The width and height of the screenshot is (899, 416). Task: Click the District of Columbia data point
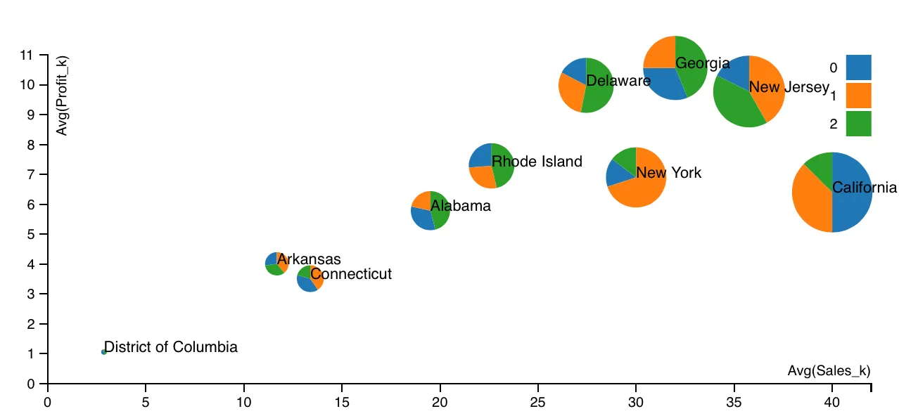(104, 351)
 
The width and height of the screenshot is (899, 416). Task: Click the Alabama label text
(461, 206)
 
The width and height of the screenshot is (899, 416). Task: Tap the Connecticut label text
(351, 274)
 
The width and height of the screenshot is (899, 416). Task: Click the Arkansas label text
(309, 259)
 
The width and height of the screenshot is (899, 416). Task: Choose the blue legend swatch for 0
(858, 67)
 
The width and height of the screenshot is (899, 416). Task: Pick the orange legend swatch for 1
(858, 96)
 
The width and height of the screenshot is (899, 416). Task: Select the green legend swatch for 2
(858, 124)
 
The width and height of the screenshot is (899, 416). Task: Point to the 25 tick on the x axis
(538, 402)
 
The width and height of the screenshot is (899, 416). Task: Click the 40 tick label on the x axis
(832, 402)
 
